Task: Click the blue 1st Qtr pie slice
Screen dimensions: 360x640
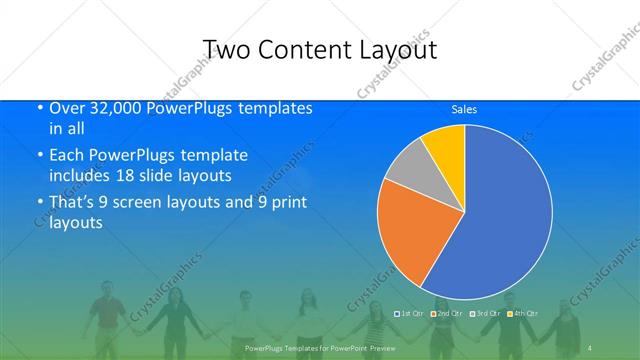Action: [500, 220]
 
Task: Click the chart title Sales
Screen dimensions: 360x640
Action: [464, 109]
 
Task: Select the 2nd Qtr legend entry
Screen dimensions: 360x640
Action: [451, 314]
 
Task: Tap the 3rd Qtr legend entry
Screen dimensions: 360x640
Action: [487, 314]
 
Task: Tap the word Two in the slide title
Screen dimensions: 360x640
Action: [225, 50]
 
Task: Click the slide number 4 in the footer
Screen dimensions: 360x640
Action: [591, 347]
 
